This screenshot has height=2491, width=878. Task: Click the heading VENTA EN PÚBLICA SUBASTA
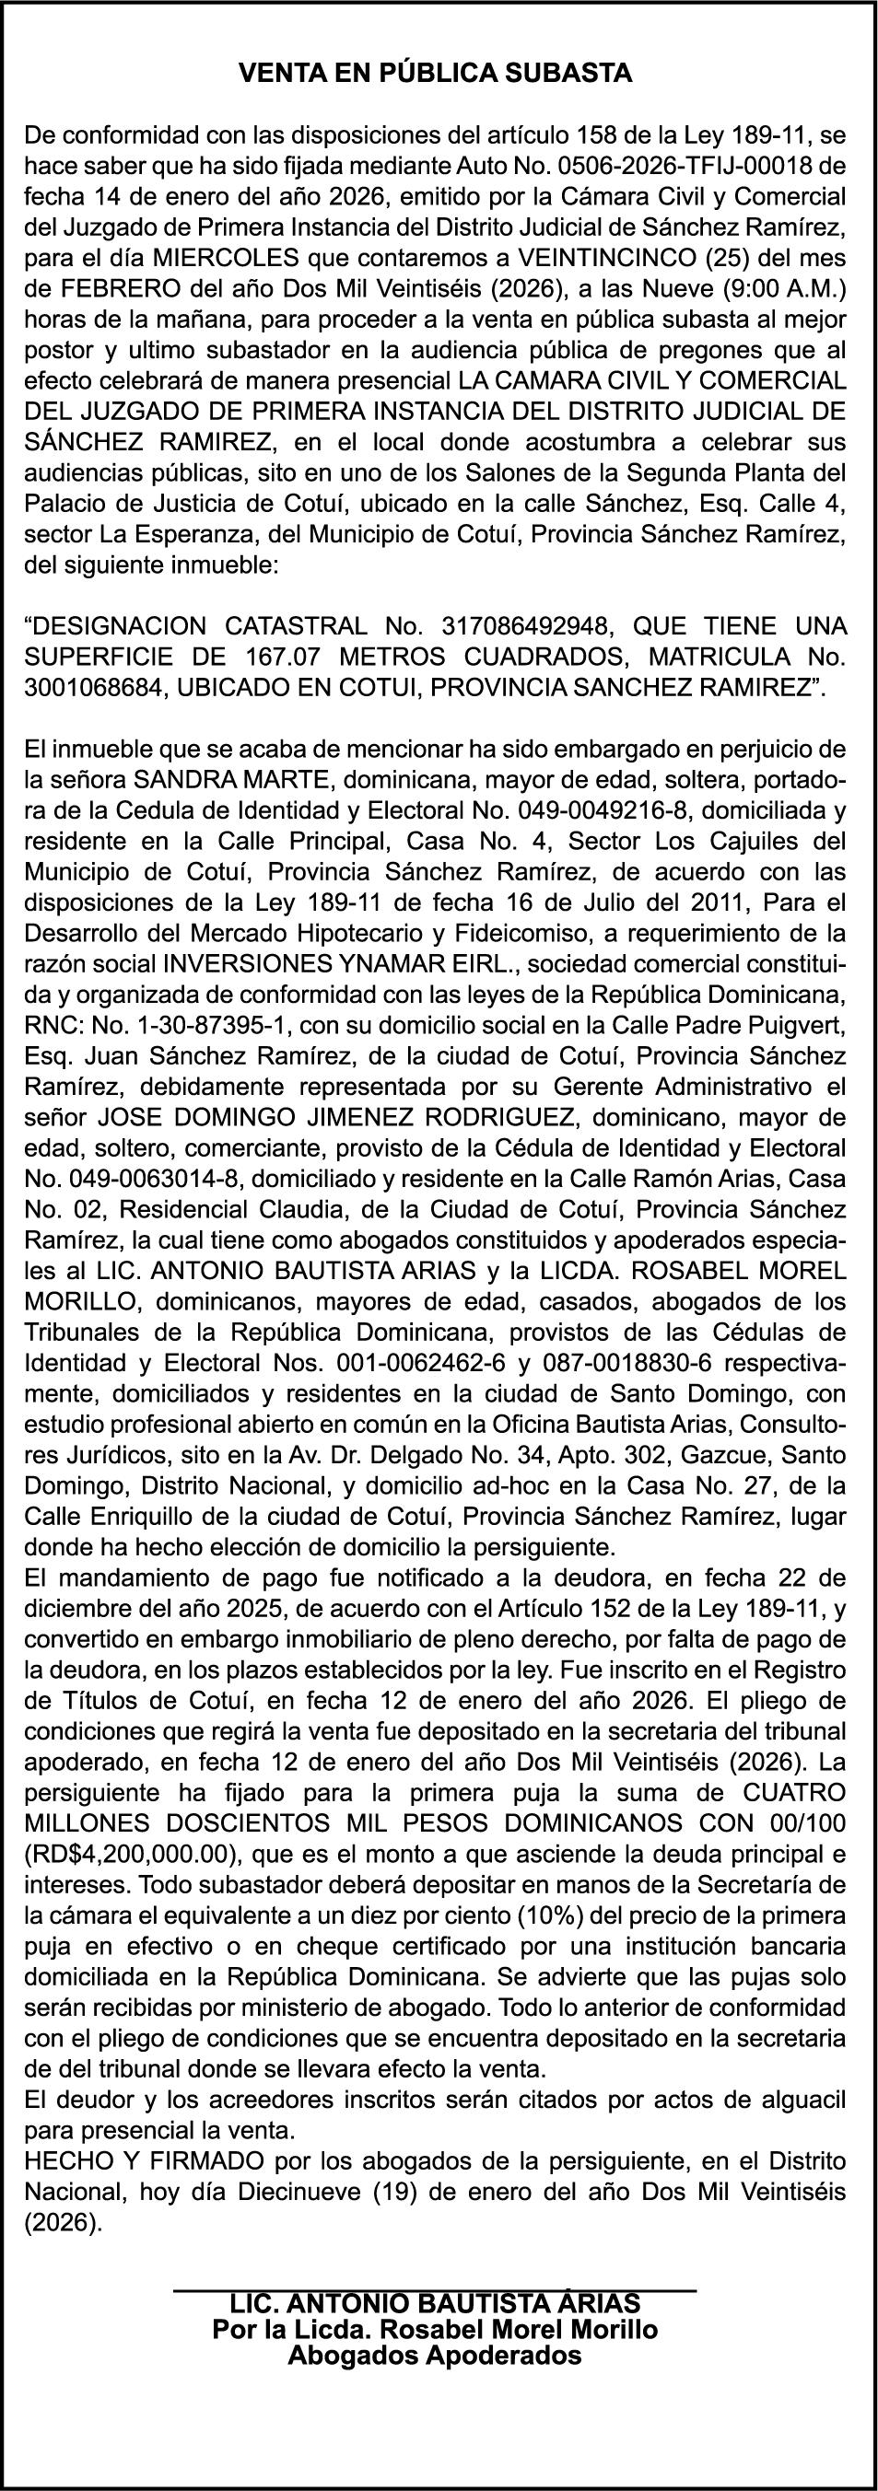tap(436, 74)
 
